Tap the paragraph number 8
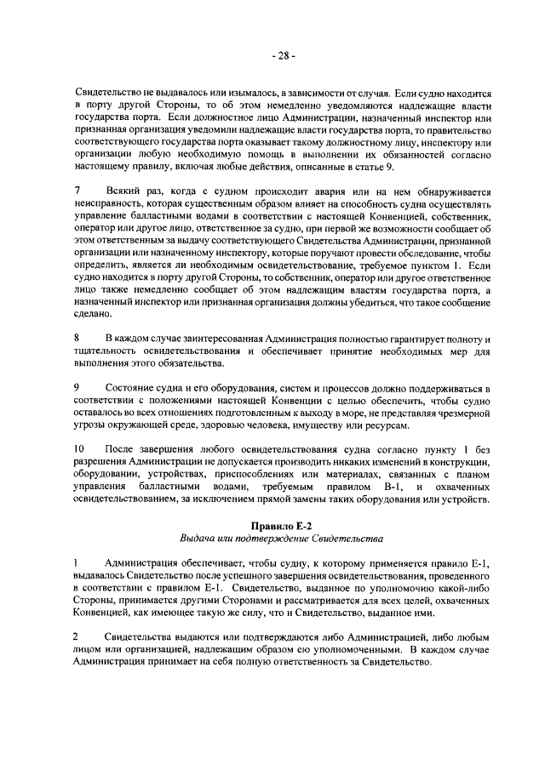pos(77,339)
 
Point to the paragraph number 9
pos(77,387)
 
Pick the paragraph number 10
pos(79,448)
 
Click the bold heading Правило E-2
pos(283,524)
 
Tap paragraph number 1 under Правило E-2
pos(77,563)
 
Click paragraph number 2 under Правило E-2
pos(77,637)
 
